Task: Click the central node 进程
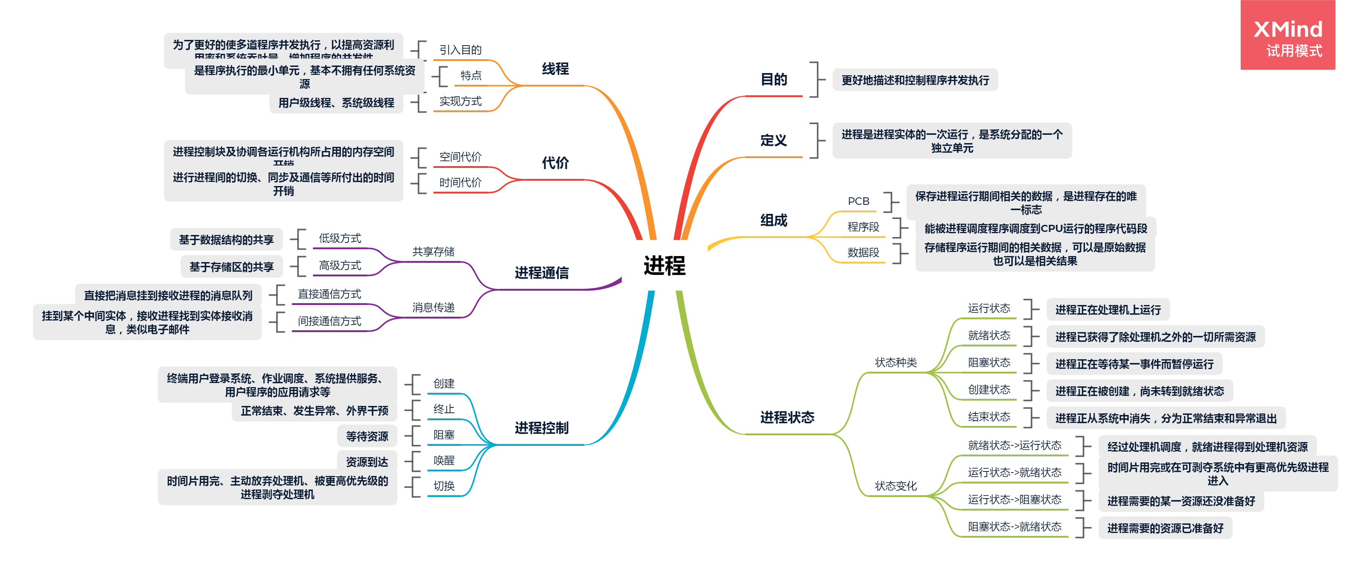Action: pos(664,265)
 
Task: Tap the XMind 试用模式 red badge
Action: pos(1287,35)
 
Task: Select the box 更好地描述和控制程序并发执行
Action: pos(915,80)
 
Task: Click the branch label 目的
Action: pos(773,80)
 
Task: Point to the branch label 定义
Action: pos(773,140)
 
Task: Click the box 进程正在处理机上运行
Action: pos(1107,310)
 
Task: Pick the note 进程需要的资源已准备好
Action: pos(1165,528)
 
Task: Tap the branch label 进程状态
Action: pos(787,418)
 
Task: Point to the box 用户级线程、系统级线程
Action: pos(336,103)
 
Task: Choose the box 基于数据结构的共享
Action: pos(226,240)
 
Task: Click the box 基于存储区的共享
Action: pos(232,267)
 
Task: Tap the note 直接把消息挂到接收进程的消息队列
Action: pos(168,295)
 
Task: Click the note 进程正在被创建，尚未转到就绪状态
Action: pos(1139,391)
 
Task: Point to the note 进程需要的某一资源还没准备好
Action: pos(1180,501)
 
